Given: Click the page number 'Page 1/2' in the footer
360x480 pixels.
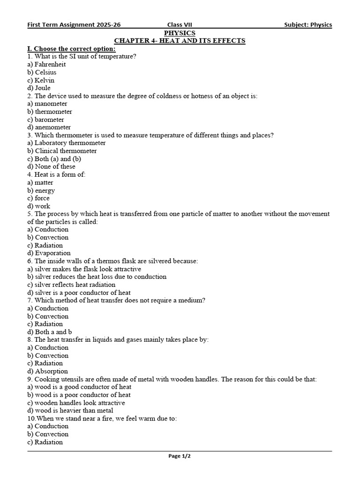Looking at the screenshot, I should coord(180,456).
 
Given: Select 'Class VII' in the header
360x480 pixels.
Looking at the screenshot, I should coord(180,25).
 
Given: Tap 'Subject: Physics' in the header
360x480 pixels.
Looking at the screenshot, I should coord(307,25).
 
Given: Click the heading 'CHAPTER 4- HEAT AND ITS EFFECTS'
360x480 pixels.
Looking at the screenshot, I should coord(180,41).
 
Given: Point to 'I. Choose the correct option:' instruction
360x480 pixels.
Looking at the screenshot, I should coord(72,49).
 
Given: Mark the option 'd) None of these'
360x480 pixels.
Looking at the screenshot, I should coord(51,166).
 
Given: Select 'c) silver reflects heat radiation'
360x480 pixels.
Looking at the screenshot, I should coord(71,285).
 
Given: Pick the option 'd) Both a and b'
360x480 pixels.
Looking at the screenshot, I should coord(50,332).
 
